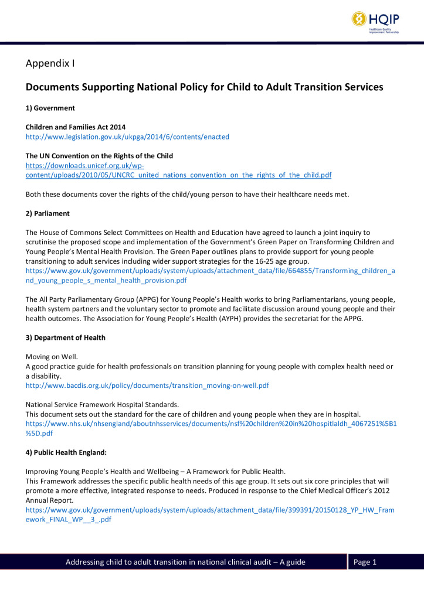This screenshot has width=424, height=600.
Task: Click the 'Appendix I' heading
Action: (50, 63)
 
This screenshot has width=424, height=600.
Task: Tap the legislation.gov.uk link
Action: (127, 137)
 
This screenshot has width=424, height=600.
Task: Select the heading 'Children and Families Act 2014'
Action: (80, 127)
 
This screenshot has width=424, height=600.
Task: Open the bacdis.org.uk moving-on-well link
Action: (147, 385)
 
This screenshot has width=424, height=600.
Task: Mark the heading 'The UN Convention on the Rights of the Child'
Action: (99, 156)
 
